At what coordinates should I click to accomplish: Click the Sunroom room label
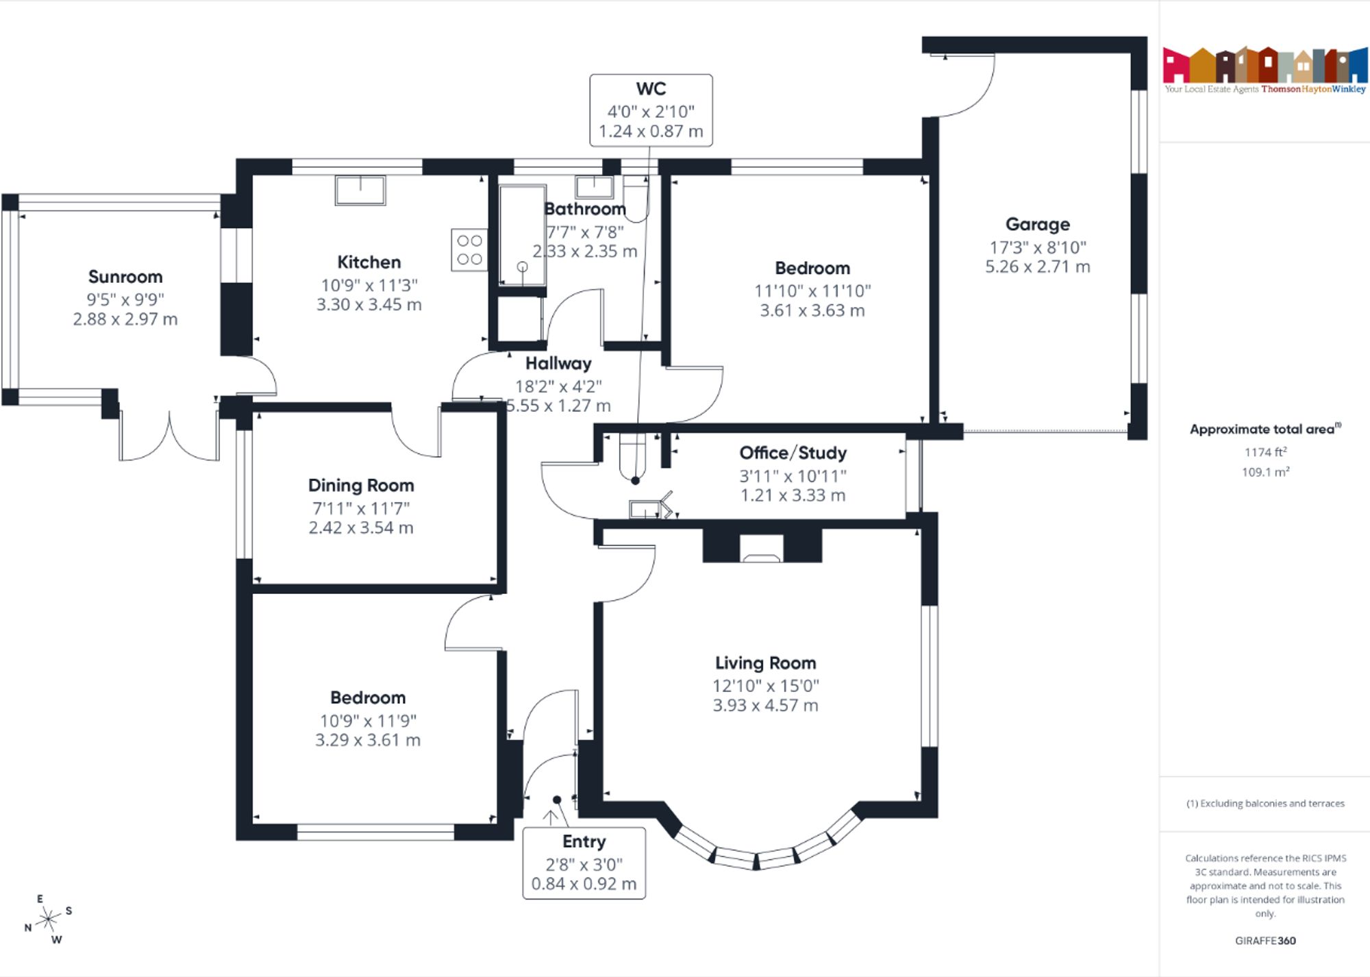[125, 277]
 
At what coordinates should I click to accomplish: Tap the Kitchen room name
[369, 262]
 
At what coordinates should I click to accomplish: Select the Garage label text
[1037, 225]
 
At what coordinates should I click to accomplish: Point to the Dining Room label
[361, 486]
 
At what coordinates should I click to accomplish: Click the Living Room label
[765, 663]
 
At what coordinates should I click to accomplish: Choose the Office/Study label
[793, 453]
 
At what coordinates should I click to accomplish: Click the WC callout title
[651, 89]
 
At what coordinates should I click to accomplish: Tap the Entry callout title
[584, 841]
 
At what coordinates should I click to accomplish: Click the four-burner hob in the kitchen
[469, 249]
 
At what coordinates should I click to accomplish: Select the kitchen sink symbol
[360, 190]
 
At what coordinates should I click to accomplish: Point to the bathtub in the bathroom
[522, 235]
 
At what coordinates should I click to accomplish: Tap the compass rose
[48, 919]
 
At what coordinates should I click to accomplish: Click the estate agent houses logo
[1265, 65]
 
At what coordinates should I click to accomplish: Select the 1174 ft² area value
[1265, 452]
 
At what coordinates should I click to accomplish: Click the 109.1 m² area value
[1265, 472]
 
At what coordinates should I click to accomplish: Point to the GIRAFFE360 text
[1265, 941]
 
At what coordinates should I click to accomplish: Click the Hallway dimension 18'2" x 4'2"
[558, 386]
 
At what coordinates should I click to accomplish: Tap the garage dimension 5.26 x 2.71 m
[1037, 267]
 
